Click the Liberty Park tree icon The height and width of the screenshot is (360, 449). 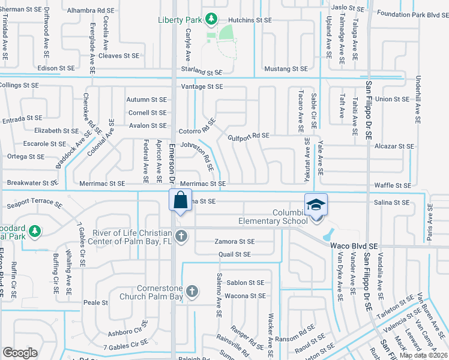click(x=211, y=20)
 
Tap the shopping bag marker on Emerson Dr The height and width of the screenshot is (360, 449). click(x=180, y=200)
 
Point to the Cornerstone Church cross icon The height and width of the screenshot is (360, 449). click(x=192, y=292)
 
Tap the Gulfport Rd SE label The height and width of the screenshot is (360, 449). click(x=249, y=136)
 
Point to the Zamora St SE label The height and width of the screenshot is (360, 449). click(x=235, y=242)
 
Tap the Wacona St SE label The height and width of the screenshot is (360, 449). click(x=245, y=296)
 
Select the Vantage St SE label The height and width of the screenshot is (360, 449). click(x=203, y=87)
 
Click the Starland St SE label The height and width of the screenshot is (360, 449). click(x=202, y=72)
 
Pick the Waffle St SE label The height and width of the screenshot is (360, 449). click(x=393, y=186)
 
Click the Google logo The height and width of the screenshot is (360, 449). click(x=20, y=353)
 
